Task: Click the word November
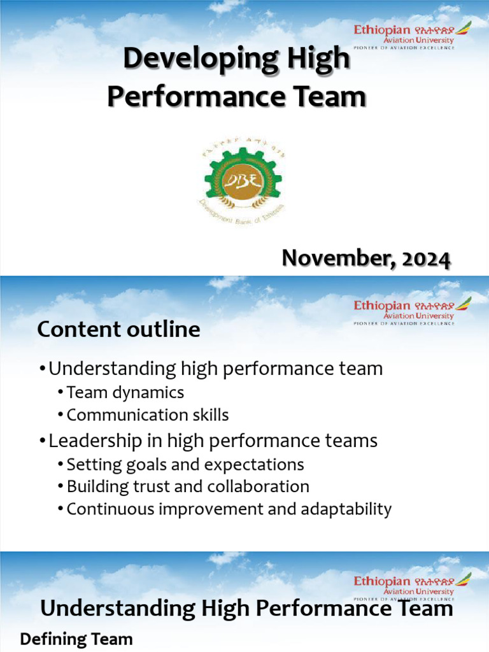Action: coord(332,259)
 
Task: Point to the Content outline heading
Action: coord(118,329)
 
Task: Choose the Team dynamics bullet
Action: coord(125,392)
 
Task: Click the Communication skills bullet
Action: coord(147,415)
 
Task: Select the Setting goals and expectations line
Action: coord(185,464)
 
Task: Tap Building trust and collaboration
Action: coord(188,486)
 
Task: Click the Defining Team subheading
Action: coord(76,639)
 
